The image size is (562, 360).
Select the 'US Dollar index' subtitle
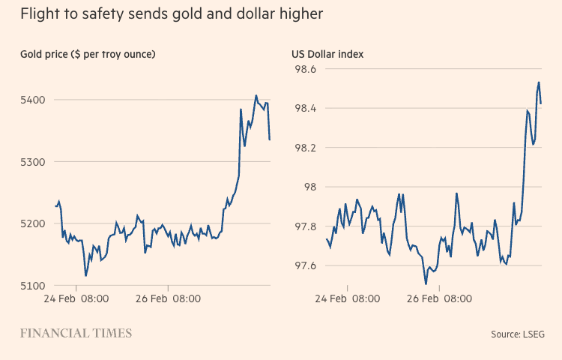click(x=327, y=54)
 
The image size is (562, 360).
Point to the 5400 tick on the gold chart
click(x=34, y=100)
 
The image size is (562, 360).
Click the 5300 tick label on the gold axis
click(x=34, y=162)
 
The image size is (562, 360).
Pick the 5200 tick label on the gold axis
click(x=34, y=223)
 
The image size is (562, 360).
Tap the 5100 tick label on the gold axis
click(x=34, y=286)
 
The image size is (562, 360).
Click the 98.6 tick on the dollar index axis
click(x=304, y=70)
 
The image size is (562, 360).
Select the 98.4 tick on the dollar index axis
click(x=304, y=109)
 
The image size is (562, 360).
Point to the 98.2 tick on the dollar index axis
click(x=304, y=148)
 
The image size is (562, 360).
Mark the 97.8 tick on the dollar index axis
click(x=304, y=226)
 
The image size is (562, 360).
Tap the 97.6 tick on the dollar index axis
click(x=304, y=266)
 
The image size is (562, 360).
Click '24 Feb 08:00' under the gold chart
click(x=75, y=298)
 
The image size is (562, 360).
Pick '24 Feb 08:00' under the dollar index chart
click(x=347, y=298)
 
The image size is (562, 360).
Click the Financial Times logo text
click(x=76, y=333)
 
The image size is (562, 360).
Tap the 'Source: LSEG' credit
click(x=518, y=334)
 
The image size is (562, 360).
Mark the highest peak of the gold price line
click(x=256, y=96)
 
